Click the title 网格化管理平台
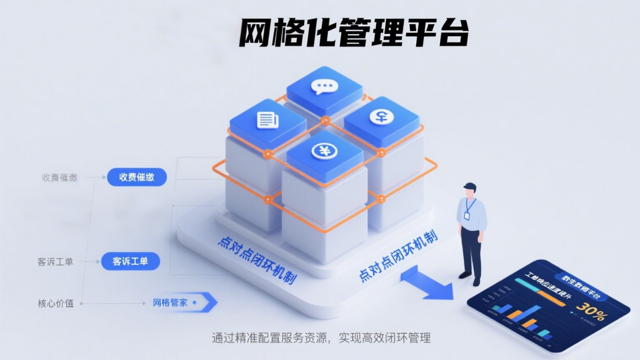354,33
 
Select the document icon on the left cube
268,120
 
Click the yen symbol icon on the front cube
324,150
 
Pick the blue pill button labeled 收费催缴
137,177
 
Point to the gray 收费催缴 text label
60,178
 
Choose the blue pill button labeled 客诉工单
130,262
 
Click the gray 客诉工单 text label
55,262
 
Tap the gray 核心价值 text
56,303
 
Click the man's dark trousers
470,252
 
